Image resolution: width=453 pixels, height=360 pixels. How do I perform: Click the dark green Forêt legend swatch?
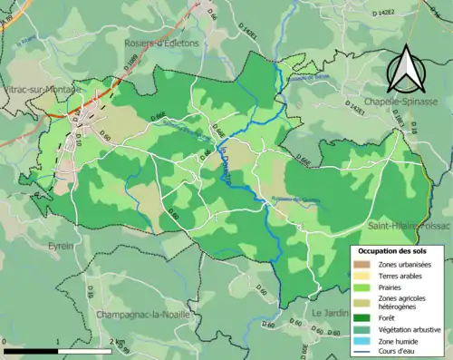click(361, 317)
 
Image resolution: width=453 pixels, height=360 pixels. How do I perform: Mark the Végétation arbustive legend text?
click(409, 329)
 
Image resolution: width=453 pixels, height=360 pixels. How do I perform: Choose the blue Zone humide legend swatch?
click(361, 341)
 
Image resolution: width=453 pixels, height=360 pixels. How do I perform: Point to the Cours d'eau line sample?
click(361, 352)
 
